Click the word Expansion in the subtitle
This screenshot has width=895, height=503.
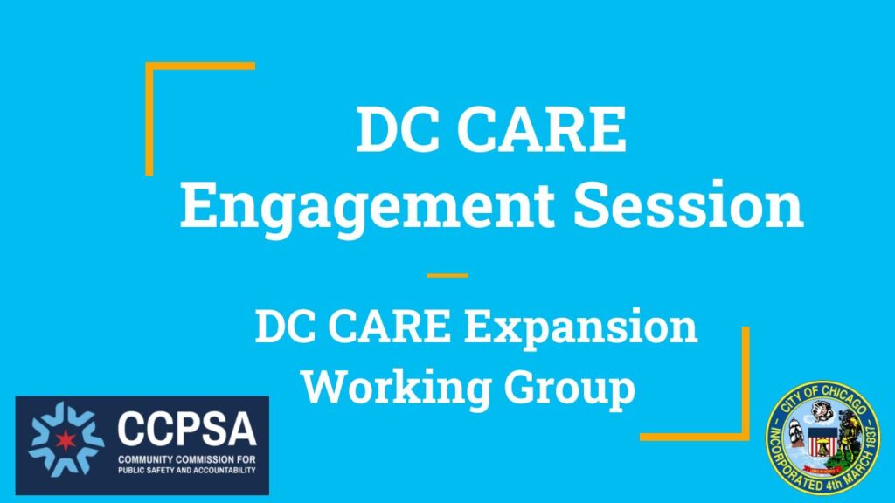click(580, 328)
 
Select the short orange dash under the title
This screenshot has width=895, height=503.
click(447, 276)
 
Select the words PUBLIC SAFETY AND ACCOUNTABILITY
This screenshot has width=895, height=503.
click(186, 469)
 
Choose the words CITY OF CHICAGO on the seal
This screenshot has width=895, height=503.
click(822, 397)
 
